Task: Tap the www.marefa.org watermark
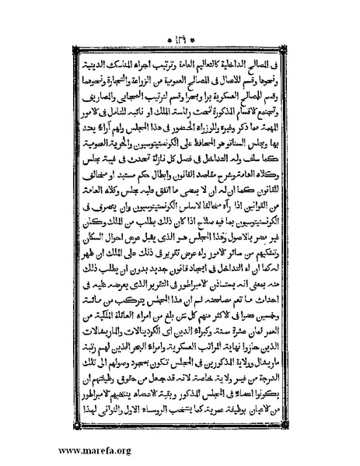(x=46, y=450)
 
